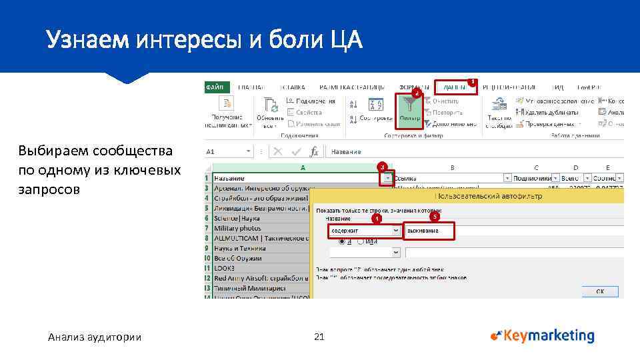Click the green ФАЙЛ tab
(215, 87)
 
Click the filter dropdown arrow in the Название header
(387, 178)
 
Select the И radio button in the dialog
(342, 241)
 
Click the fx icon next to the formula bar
(315, 151)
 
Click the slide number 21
(319, 337)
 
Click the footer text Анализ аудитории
(95, 337)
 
